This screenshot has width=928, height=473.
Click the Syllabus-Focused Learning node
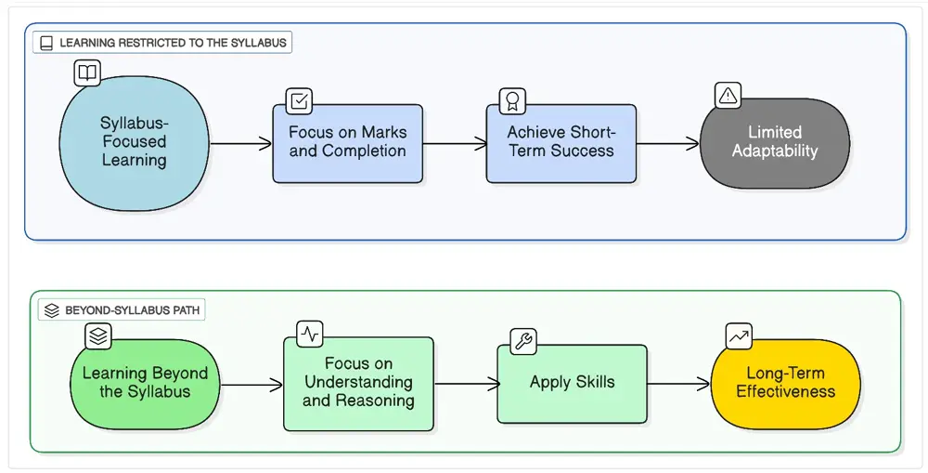click(x=134, y=142)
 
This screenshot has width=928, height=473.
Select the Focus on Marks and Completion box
click(x=347, y=143)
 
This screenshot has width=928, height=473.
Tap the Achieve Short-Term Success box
click(x=561, y=143)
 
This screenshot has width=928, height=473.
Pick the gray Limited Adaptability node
click(x=774, y=142)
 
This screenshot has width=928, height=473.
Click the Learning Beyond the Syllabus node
click(x=145, y=383)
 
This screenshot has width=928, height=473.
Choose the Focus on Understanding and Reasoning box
click(x=358, y=383)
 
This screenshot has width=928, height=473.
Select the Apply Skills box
click(x=572, y=383)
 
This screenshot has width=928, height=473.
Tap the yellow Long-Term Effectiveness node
click(x=785, y=383)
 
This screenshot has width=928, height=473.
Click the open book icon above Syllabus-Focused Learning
click(x=86, y=72)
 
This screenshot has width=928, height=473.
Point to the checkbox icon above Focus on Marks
click(x=299, y=100)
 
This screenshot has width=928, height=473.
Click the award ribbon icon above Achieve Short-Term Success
click(x=511, y=100)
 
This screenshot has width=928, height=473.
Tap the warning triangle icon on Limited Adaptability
click(x=728, y=95)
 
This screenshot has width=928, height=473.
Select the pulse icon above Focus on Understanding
click(x=310, y=333)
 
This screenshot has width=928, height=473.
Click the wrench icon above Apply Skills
click(x=523, y=341)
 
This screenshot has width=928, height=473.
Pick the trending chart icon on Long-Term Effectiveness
click(x=739, y=336)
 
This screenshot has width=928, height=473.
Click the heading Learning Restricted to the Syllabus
click(x=162, y=43)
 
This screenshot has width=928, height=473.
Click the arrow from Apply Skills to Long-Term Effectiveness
click(x=678, y=384)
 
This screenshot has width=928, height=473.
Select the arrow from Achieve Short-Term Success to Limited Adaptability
click(x=667, y=144)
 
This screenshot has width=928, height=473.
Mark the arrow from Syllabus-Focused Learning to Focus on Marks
click(x=241, y=144)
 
